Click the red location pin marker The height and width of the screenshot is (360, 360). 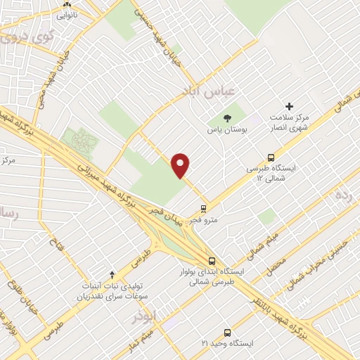(x=181, y=165)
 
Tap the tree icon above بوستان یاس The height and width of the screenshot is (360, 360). (x=226, y=117)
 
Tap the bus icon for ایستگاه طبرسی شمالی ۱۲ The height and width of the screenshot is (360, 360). (x=271, y=158)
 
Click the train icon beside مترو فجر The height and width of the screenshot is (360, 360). (x=204, y=208)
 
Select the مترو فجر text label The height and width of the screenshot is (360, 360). (x=208, y=219)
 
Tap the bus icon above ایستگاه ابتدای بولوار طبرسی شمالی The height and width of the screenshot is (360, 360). (x=213, y=260)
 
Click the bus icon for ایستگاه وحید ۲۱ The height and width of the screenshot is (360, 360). (x=227, y=332)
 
